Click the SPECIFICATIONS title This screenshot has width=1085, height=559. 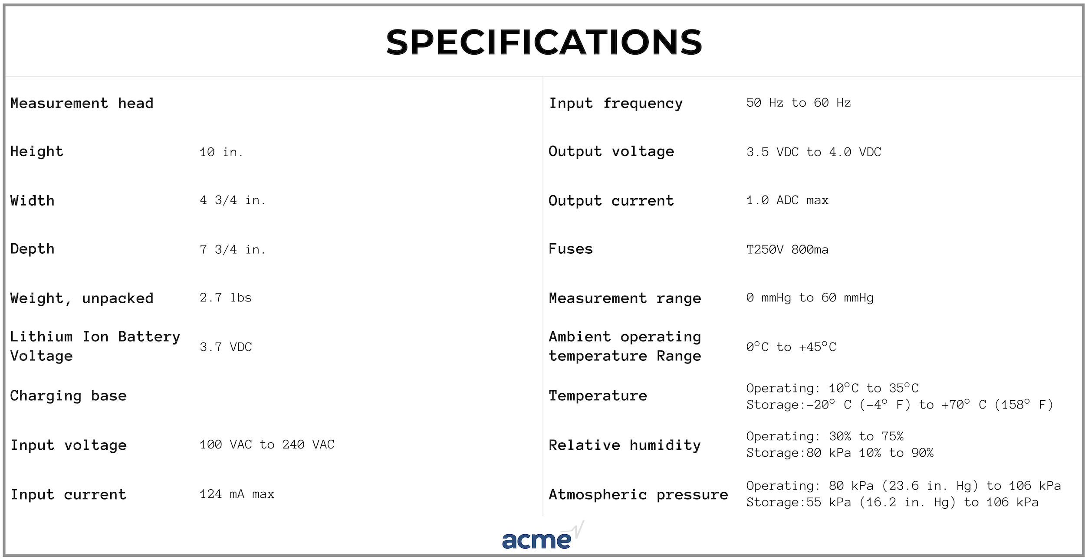click(x=544, y=42)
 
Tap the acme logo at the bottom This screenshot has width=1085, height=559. click(x=543, y=536)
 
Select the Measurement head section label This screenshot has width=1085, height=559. click(x=82, y=103)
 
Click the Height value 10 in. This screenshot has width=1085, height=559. click(x=221, y=152)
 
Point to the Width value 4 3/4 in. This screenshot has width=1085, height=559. click(x=232, y=200)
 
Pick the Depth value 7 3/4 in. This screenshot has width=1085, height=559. click(x=232, y=249)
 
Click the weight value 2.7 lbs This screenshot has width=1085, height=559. click(x=226, y=297)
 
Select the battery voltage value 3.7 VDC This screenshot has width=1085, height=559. click(x=226, y=347)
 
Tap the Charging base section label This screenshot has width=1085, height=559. click(x=69, y=396)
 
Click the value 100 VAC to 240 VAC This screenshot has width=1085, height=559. click(x=267, y=445)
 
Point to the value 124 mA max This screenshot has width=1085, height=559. click(x=237, y=494)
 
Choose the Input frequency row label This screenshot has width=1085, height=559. click(x=616, y=104)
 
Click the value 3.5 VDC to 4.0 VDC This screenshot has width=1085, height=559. click(x=814, y=152)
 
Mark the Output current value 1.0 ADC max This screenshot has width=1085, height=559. click(x=787, y=200)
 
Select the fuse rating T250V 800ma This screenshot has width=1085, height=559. click(x=787, y=249)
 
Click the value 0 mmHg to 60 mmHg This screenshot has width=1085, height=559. click(x=810, y=298)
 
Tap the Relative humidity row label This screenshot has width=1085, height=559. click(x=625, y=445)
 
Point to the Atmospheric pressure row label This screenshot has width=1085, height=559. click(x=638, y=495)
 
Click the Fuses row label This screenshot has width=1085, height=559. click(x=571, y=249)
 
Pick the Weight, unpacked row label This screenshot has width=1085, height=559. click(x=82, y=298)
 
